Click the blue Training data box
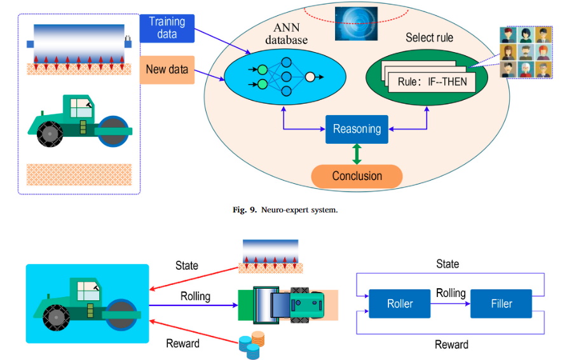(x=167, y=27)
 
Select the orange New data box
(x=167, y=69)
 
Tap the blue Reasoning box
(x=356, y=129)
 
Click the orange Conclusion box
(x=357, y=176)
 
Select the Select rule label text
(x=429, y=38)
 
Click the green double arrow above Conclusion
(x=356, y=153)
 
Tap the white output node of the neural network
(x=310, y=77)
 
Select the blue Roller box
(x=400, y=304)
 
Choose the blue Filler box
(x=500, y=304)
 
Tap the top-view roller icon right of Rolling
(x=285, y=304)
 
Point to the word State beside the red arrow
(x=186, y=265)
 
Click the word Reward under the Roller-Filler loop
(x=451, y=344)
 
